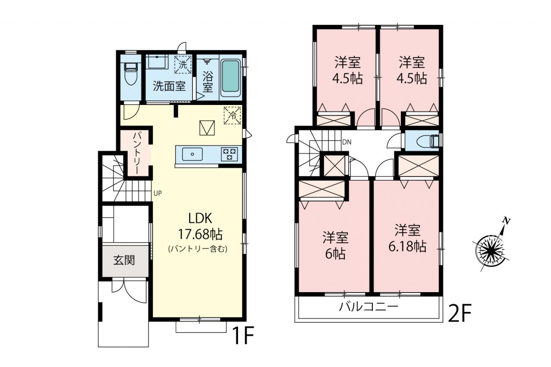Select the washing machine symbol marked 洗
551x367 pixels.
click(183, 65)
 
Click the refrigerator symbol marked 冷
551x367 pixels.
click(232, 115)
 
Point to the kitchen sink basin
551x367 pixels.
click(192, 154)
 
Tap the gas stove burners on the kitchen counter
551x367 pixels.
click(229, 154)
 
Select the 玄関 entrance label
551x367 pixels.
click(124, 260)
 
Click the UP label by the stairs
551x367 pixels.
click(158, 194)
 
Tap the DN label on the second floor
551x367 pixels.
click(347, 142)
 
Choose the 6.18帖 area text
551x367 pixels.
click(407, 246)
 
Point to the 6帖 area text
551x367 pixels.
click(335, 254)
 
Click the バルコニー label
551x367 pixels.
click(368, 307)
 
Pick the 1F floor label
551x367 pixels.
click(243, 336)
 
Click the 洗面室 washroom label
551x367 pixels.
click(169, 86)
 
